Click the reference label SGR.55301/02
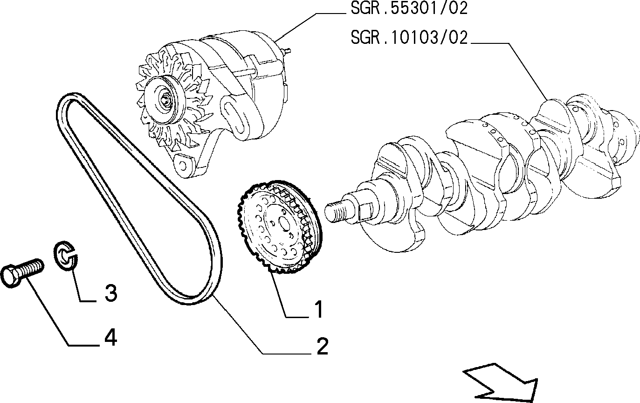point(409,8)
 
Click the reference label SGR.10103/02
point(409,37)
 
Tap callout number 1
point(318,309)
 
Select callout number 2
point(322,346)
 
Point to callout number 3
point(111,293)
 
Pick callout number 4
point(110,337)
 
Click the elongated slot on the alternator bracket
point(235,119)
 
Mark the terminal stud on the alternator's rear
point(287,51)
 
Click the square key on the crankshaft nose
point(365,212)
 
